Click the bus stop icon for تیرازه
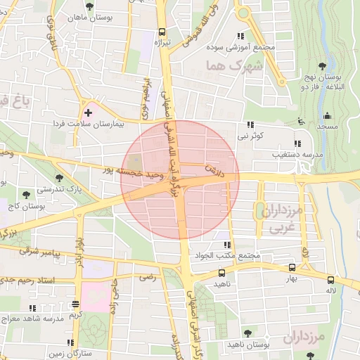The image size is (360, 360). (162, 32)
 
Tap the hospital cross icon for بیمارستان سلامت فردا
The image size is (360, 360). (88, 112)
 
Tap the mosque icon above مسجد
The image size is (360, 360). (326, 116)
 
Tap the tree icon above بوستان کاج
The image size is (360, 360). (26, 195)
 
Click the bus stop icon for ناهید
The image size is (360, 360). (222, 273)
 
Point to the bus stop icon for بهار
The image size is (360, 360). (291, 268)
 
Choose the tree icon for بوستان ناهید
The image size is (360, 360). (247, 334)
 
